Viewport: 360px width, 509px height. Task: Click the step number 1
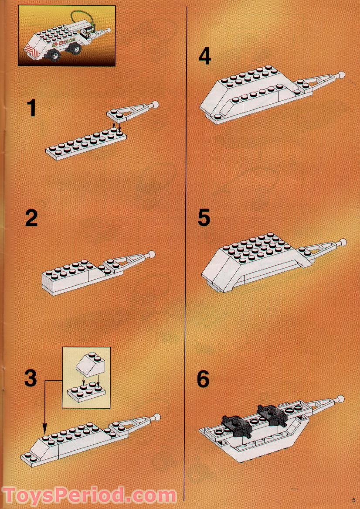pos(31,108)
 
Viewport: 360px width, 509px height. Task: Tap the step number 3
pos(30,378)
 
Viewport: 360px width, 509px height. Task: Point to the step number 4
pos(204,56)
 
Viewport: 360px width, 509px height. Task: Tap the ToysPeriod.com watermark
pos(89,496)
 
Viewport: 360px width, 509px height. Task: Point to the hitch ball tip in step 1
pos(155,105)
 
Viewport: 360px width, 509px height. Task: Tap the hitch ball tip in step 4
pos(341,75)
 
